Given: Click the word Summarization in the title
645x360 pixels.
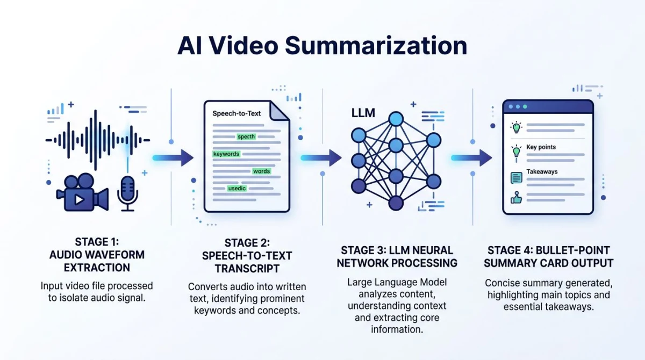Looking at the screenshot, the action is tap(376, 46).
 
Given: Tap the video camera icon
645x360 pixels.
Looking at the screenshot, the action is tap(82, 192).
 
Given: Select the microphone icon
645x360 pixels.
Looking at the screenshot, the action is tap(127, 193).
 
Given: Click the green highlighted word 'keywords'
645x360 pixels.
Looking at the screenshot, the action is tap(226, 154).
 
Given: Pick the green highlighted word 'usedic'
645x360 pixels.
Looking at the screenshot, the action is tap(236, 189).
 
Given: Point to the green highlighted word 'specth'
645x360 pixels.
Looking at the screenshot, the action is tap(246, 136).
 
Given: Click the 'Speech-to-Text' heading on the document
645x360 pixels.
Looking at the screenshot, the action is tap(236, 113).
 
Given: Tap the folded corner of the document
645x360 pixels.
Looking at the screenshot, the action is tap(279, 111).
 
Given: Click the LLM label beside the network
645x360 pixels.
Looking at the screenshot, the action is tap(363, 113).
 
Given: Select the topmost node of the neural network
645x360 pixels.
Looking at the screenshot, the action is tap(396, 119).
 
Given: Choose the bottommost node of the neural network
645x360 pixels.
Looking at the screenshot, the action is tap(396, 203).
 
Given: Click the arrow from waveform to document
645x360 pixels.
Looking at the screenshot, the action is tap(173, 157).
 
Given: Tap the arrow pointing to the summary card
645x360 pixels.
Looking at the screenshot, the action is tap(471, 157).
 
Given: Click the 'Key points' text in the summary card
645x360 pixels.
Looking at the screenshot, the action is tap(541, 147).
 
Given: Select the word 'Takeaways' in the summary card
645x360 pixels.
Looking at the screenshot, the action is tap(542, 172).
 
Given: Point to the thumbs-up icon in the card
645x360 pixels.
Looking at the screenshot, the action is tap(516, 198).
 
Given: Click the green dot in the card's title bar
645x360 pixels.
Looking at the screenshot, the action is tap(525, 107).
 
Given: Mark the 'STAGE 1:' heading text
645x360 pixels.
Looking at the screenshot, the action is tap(97, 242).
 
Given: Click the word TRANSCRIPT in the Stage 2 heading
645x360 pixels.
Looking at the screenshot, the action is tap(247, 269).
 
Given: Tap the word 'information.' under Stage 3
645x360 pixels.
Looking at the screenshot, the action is tap(397, 329).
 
